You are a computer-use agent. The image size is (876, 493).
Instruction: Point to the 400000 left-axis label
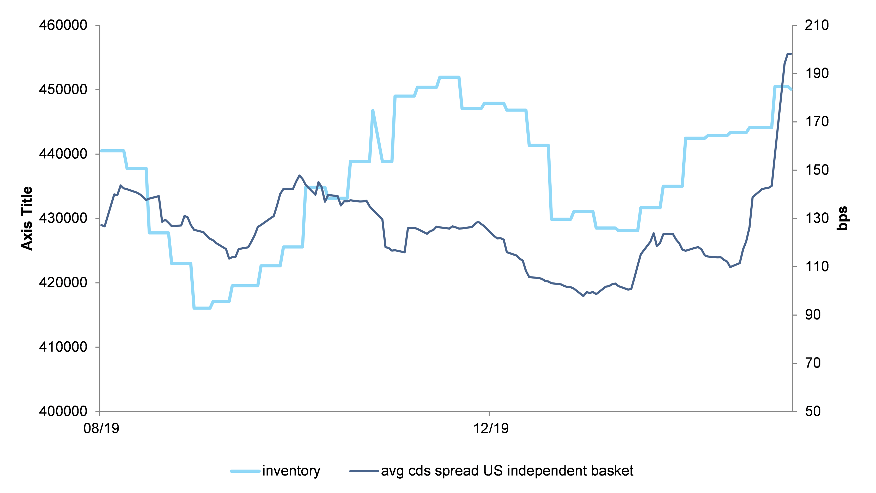63,411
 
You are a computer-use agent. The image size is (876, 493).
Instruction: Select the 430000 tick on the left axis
63,218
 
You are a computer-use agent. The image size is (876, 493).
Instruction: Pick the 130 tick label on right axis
817,218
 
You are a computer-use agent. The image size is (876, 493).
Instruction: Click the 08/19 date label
101,428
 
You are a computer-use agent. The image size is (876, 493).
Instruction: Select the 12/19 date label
491,428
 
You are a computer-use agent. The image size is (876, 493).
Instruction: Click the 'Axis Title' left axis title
27,218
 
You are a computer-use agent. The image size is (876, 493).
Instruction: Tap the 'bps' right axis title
842,218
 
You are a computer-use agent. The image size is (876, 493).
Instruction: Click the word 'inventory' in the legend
291,471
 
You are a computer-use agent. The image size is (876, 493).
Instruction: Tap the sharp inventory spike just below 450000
373,110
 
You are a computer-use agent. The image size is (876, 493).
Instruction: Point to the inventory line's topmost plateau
449,77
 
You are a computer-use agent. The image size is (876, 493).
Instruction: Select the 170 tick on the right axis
817,122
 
